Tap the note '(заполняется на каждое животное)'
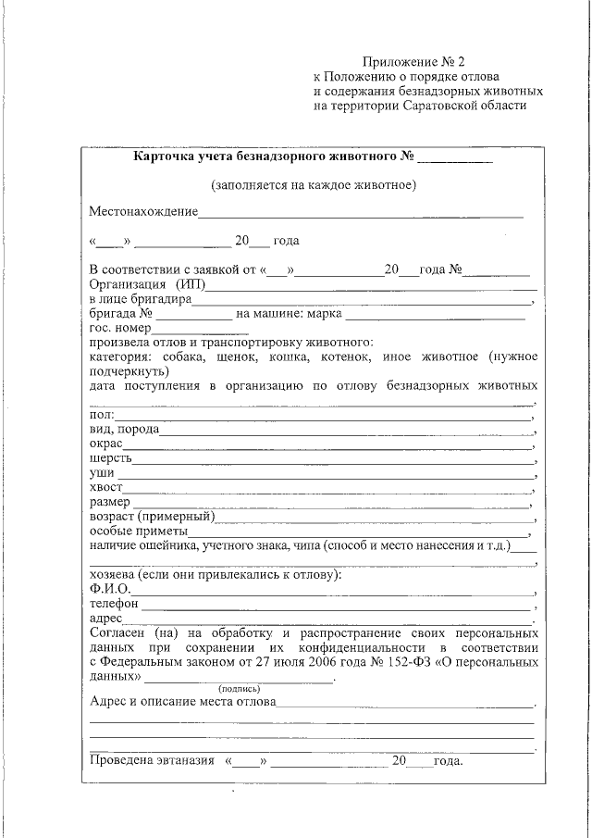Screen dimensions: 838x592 [313, 184]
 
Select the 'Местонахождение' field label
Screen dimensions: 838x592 [143, 212]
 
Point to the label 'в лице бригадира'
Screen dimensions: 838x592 [140, 299]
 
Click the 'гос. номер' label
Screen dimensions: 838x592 [119, 328]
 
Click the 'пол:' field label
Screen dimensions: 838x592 [102, 415]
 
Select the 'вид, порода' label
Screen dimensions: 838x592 [124, 430]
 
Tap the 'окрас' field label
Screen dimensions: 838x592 [107, 444]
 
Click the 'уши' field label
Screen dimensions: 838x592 [102, 473]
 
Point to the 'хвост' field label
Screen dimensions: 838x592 [106, 487]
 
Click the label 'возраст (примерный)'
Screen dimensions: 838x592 [152, 516]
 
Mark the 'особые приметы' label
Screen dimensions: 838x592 [138, 531]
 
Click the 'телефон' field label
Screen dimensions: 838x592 [114, 604]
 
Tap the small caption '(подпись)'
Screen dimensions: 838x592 [239, 689]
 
